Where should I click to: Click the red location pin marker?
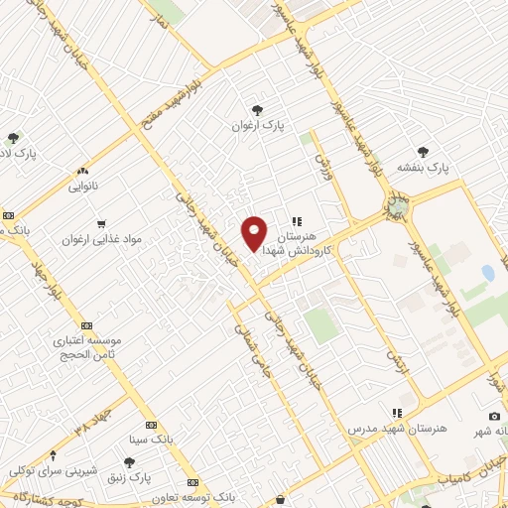pyautogui.click(x=255, y=233)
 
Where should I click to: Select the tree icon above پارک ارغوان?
pyautogui.click(x=258, y=109)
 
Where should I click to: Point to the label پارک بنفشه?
pyautogui.click(x=424, y=168)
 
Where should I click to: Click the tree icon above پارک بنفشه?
pyautogui.click(x=424, y=152)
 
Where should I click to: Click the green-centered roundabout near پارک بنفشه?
pyautogui.click(x=398, y=207)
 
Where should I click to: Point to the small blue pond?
pyautogui.click(x=487, y=272)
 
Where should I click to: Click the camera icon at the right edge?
pyautogui.click(x=494, y=416)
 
